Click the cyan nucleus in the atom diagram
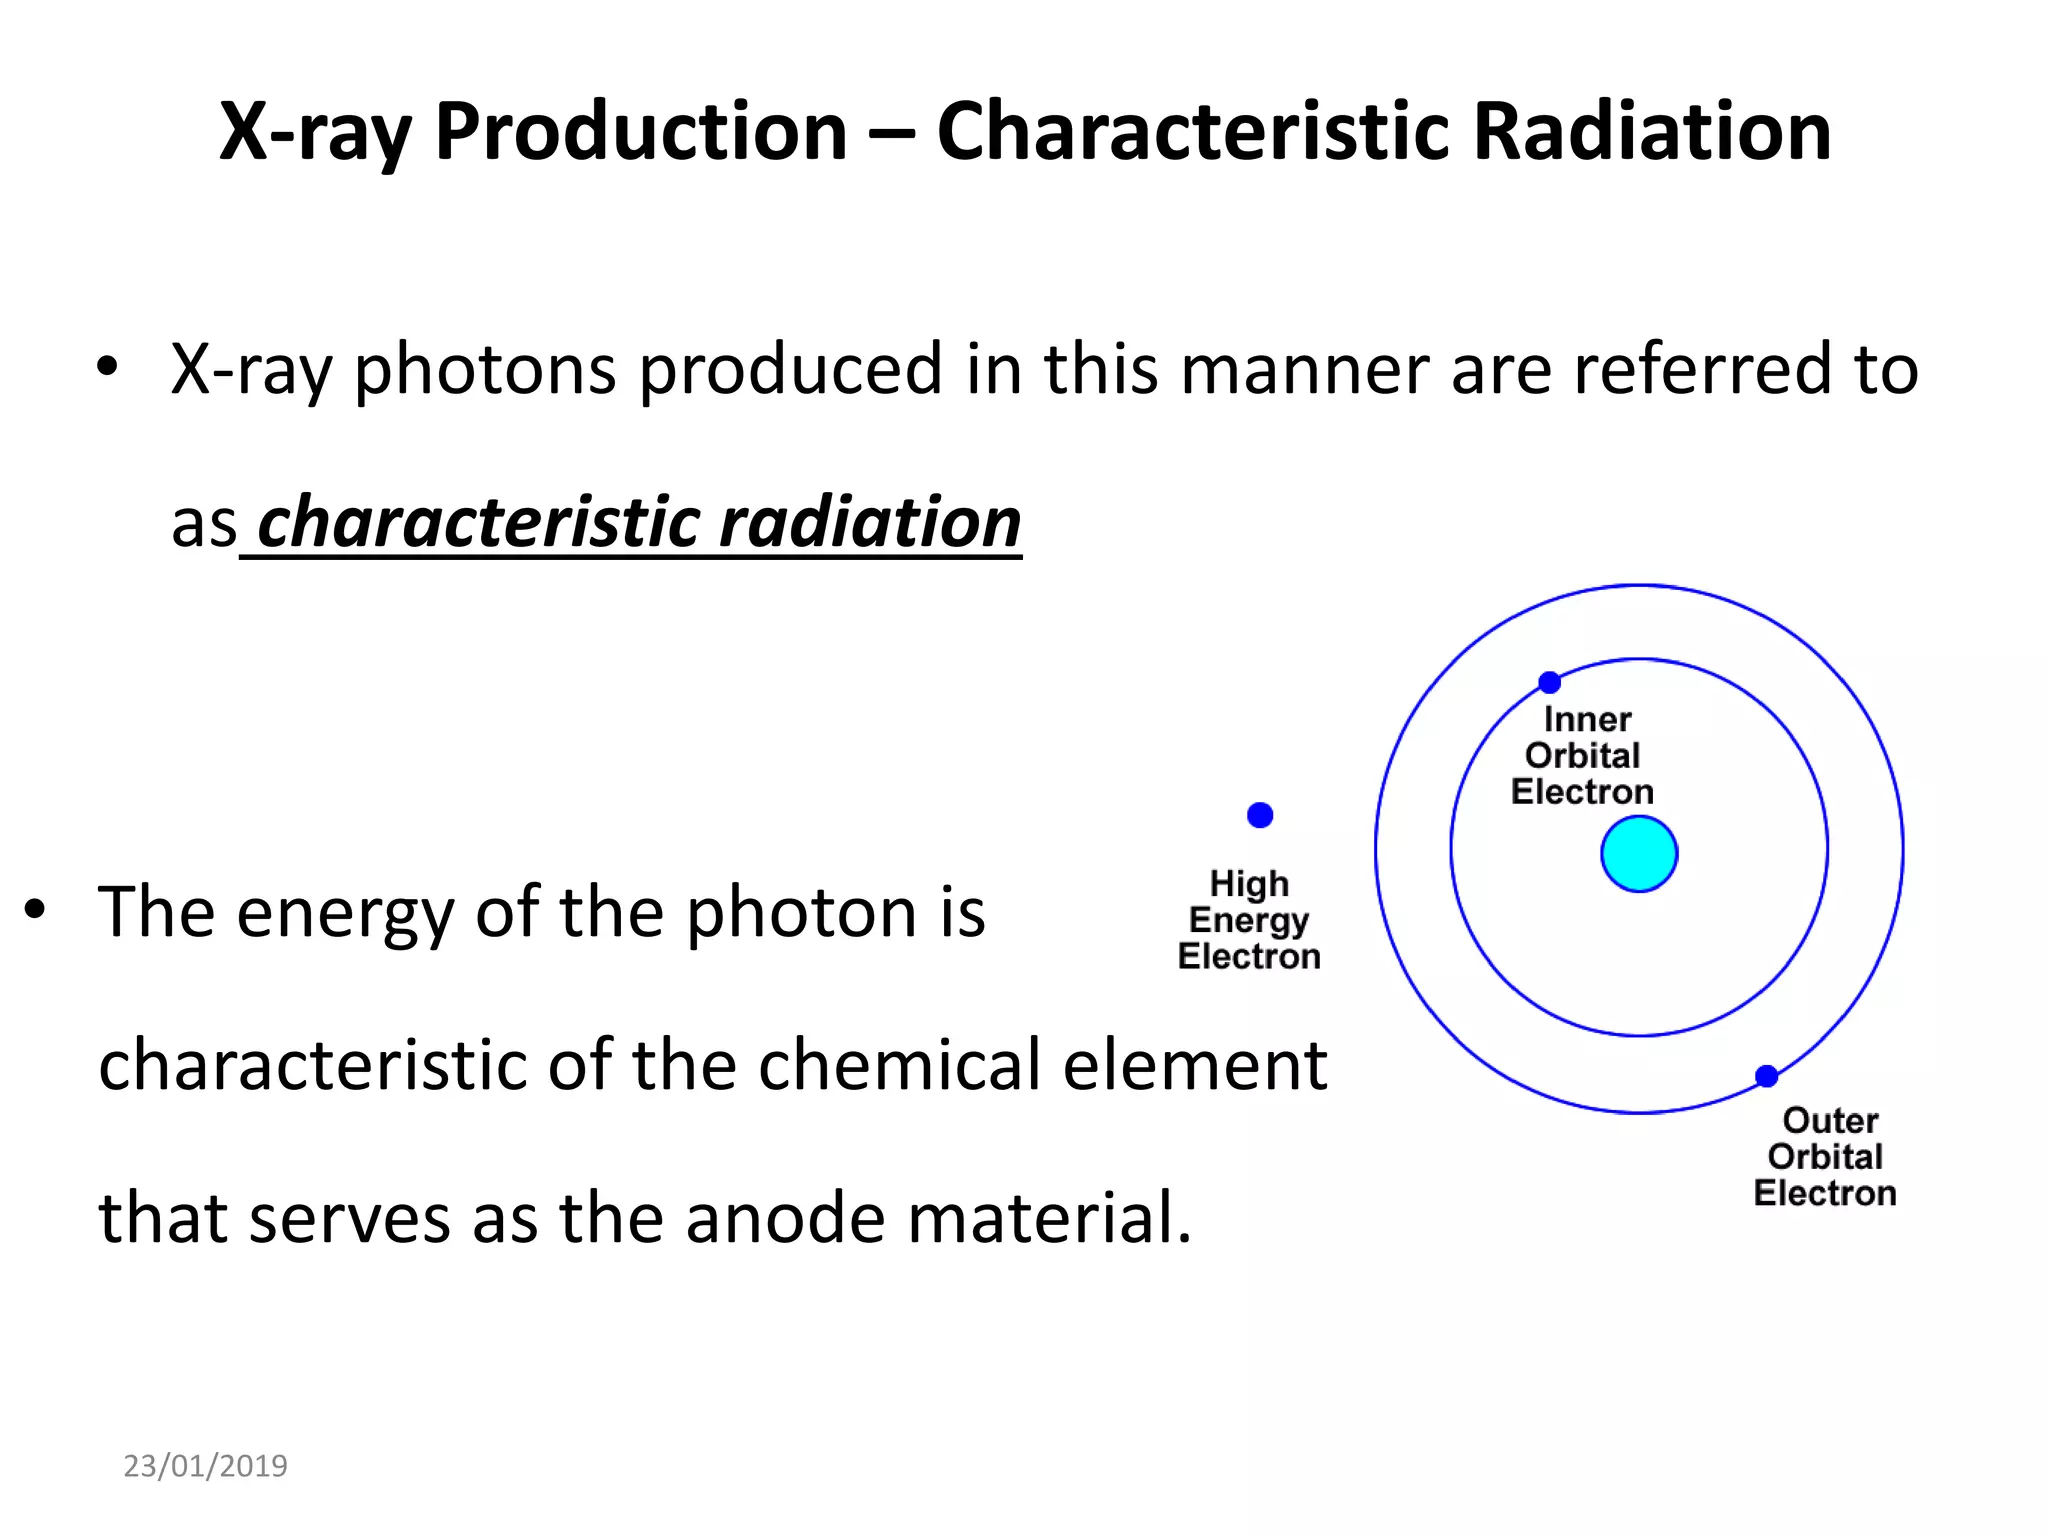coord(1639,854)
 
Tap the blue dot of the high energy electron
coord(1260,815)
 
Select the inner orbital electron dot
coord(1549,683)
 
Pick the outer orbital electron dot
coord(1767,1076)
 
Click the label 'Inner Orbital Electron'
coord(1583,756)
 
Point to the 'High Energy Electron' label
coord(1249,920)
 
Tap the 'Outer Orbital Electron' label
coord(1825,1157)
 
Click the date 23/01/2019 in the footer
coord(205,1466)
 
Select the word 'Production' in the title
coord(641,132)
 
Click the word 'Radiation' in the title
coord(1652,132)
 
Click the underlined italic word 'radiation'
coord(870,522)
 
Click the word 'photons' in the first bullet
coord(485,370)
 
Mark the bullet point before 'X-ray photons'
coord(107,367)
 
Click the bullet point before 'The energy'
coord(35,910)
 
